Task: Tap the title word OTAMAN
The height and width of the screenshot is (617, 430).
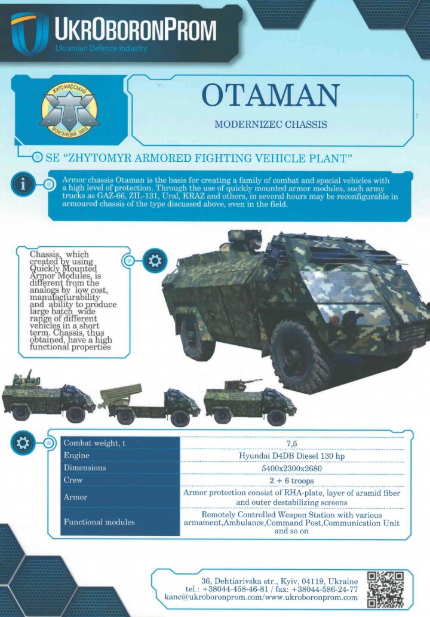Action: [271, 96]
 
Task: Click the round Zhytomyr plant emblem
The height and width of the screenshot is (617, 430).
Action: [69, 109]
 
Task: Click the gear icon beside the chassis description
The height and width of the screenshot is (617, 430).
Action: [154, 260]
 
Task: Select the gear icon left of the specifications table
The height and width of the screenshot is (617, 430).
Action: [23, 443]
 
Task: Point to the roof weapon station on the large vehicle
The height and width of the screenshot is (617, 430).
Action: [242, 240]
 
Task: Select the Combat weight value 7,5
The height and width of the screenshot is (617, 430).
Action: [291, 443]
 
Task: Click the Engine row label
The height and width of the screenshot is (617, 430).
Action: [76, 455]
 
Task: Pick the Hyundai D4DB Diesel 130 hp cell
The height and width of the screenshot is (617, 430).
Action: [291, 456]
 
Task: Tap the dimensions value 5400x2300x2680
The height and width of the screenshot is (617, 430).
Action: [291, 468]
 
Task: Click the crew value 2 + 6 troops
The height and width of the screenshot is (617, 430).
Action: [291, 480]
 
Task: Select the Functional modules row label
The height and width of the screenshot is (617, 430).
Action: [99, 522]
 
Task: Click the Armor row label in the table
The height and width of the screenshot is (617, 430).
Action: [75, 497]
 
